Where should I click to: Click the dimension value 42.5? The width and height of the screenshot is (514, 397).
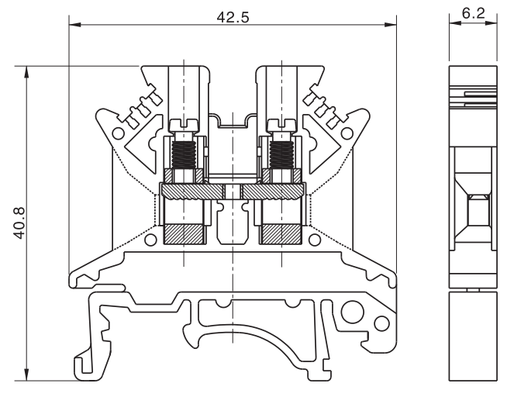233,16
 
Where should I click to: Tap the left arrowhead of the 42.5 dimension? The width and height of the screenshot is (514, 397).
74,26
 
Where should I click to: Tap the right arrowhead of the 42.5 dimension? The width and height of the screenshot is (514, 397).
391,26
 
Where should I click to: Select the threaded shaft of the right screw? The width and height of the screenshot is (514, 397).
280,150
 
